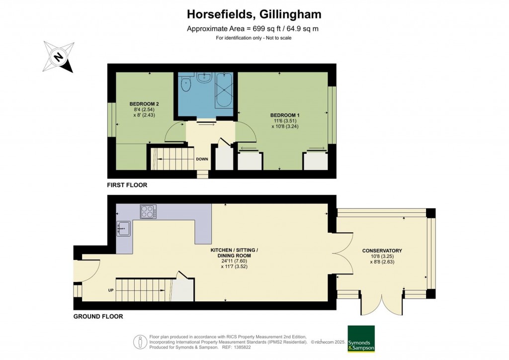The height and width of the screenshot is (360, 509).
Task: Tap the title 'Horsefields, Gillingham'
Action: pyautogui.click(x=254, y=14)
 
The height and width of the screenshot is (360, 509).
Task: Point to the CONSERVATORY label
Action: pyautogui.click(x=382, y=251)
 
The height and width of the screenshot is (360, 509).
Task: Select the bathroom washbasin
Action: pyautogui.click(x=204, y=77)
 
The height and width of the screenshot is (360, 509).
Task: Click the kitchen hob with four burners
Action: pyautogui.click(x=148, y=212)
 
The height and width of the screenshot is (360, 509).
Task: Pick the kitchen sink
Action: pyautogui.click(x=123, y=229)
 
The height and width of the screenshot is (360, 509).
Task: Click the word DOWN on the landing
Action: pyautogui.click(x=202, y=160)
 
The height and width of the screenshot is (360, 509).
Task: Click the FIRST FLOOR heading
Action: pyautogui.click(x=127, y=185)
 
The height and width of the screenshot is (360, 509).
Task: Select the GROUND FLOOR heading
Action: pyautogui.click(x=98, y=316)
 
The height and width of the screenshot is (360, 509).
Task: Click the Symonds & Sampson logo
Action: pyautogui.click(x=361, y=339)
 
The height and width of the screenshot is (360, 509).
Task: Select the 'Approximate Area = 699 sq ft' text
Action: pyautogui.click(x=234, y=29)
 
